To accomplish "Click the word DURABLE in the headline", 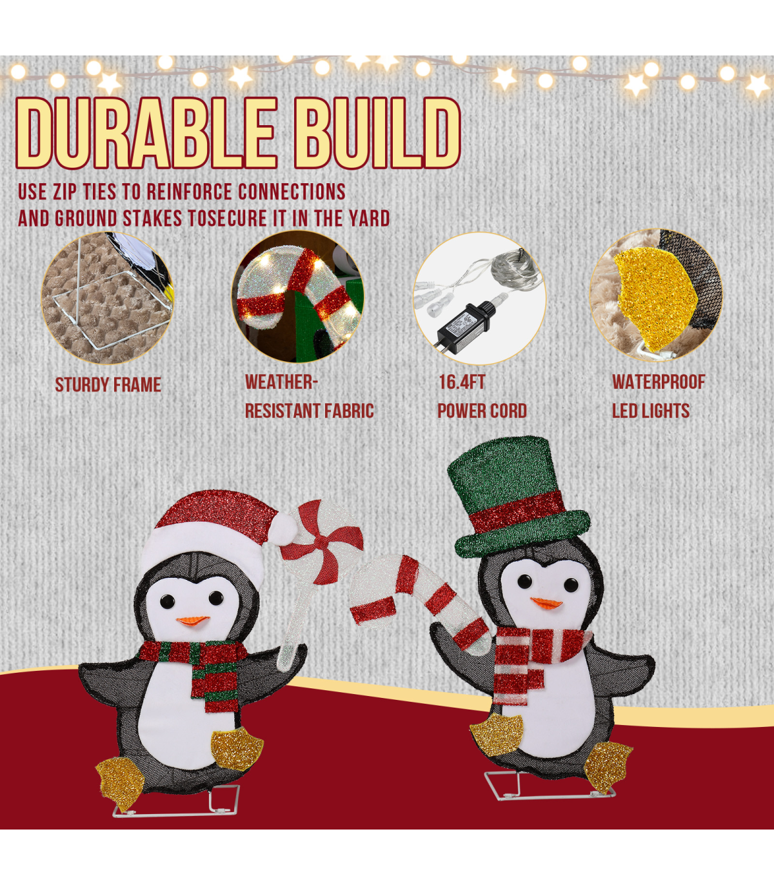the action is click(x=145, y=133).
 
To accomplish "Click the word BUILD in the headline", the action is click(x=377, y=133).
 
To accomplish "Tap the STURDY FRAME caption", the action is click(x=108, y=384).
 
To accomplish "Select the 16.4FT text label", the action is click(x=462, y=382).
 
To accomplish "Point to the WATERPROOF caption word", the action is click(x=658, y=382).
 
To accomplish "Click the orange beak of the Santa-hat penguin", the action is click(x=193, y=621).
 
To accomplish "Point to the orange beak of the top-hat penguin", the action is click(x=546, y=602).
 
